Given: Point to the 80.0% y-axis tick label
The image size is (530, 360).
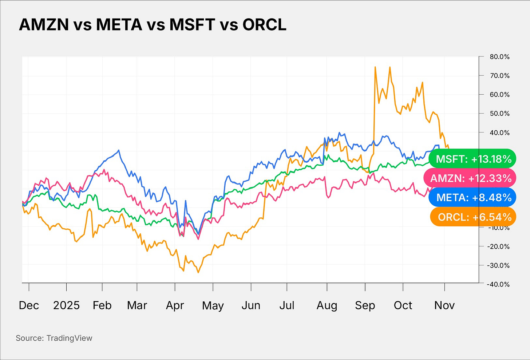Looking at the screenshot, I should point(499,57).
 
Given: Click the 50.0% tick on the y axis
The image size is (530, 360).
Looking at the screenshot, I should point(499,114).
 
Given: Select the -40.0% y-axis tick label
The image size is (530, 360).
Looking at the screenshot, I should point(498,284).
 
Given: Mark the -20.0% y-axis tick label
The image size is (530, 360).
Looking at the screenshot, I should point(498,246).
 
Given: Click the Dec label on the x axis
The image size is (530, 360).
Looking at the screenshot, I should point(29,305).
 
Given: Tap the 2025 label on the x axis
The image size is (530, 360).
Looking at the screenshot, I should point(66,305).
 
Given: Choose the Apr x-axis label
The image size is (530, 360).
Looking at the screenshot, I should point(175,305).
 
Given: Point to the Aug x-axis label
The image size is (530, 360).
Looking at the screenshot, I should point(327,305).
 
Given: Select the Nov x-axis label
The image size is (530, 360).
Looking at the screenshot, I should point(444,305).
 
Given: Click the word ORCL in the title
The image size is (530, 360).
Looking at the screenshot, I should point(265,25).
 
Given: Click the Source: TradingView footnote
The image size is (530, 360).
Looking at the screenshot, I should point(54,338).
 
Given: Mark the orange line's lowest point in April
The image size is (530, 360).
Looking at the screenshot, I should point(198,272).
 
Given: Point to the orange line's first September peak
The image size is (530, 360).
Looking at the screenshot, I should point(375,67).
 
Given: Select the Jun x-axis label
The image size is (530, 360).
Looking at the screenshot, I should point(251,305).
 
